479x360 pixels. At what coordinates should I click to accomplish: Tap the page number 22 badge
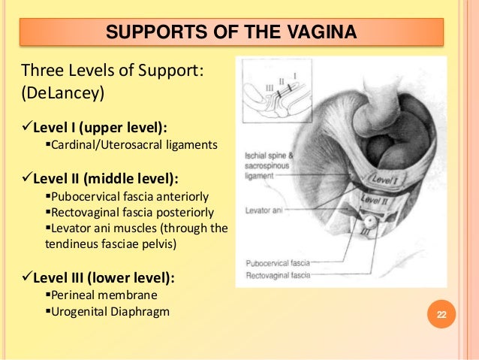(441, 313)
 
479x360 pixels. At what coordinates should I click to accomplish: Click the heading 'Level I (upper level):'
(100, 126)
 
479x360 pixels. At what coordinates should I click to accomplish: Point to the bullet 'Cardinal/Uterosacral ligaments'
(136, 144)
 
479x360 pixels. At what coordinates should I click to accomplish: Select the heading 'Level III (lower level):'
(104, 278)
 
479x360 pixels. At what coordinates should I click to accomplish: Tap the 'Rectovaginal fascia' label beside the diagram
(278, 276)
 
